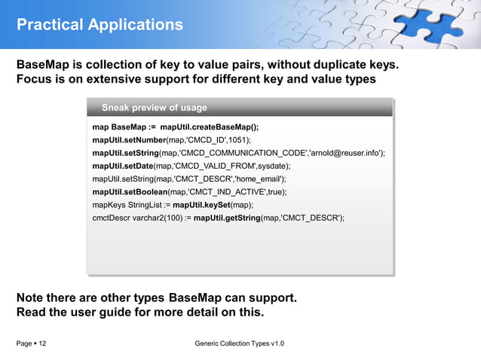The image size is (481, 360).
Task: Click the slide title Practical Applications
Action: tap(100, 25)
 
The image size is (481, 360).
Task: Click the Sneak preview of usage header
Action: tap(154, 108)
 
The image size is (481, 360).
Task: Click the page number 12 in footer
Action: tap(41, 344)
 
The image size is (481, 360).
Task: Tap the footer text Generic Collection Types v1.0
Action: tap(239, 344)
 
